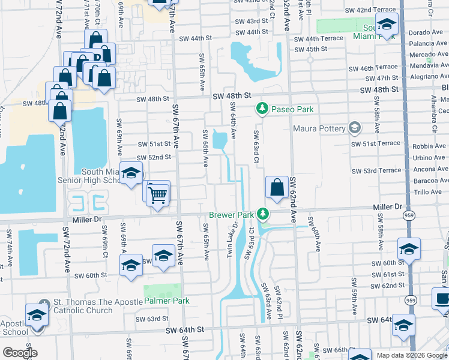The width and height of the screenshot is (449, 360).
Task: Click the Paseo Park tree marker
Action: click(x=262, y=109)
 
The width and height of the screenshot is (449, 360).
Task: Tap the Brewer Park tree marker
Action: click(x=262, y=214)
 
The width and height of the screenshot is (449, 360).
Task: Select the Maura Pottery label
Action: click(x=319, y=128)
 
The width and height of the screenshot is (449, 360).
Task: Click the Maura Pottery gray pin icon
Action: click(x=355, y=128)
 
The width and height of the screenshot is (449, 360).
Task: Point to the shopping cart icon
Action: click(x=157, y=194)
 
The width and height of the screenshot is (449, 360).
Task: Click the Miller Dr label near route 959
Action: click(x=390, y=206)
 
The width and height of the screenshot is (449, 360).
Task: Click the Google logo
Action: click(x=20, y=353)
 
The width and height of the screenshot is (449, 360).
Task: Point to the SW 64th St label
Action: click(x=186, y=329)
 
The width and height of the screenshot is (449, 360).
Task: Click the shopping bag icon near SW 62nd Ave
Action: click(x=276, y=188)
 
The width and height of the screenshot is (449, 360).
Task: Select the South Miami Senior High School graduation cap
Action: click(x=130, y=175)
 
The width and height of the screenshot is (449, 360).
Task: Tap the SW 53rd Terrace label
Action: click(x=376, y=171)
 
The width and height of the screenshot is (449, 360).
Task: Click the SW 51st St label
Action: click(x=154, y=144)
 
